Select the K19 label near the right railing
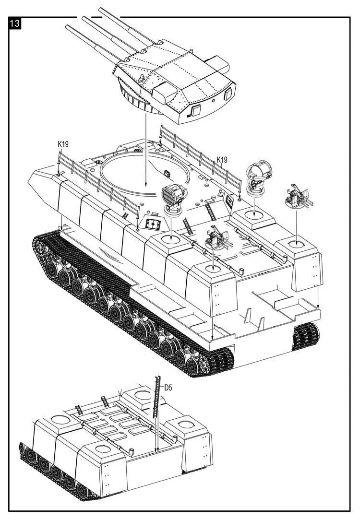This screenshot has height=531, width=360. [221, 160]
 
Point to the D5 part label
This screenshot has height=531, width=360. [168, 387]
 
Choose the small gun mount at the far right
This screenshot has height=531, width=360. [296, 197]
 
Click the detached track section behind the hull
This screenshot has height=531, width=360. [306, 336]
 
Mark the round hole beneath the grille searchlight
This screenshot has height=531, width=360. [170, 238]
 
